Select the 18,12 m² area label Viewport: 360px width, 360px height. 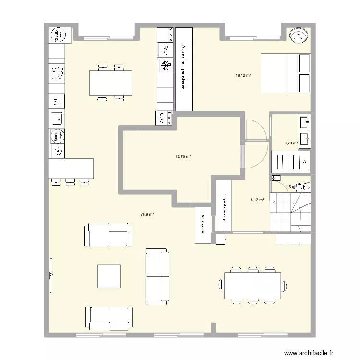tap(243, 75)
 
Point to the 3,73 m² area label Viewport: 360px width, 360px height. tap(290, 143)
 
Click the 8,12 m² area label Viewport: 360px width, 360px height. tap(258, 201)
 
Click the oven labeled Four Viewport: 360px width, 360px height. tap(166, 49)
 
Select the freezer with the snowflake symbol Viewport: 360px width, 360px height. tap(166, 65)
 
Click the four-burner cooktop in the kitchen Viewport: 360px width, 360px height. tap(57, 72)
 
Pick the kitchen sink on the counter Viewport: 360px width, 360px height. tap(57, 117)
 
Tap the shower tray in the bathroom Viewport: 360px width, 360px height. tap(290, 162)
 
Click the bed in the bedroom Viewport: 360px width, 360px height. tap(285, 73)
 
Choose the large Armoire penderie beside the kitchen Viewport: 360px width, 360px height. tap(184, 69)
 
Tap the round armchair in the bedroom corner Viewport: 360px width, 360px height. tap(299, 35)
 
